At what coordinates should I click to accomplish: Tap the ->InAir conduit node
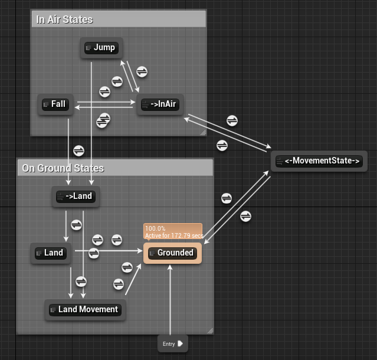[159, 104]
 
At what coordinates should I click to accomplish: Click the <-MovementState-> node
[318, 161]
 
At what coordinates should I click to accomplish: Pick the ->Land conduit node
[75, 196]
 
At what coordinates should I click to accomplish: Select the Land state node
[50, 253]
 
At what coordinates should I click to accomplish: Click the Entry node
[172, 343]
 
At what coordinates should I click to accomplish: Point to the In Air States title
[65, 19]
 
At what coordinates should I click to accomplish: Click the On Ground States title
[63, 168]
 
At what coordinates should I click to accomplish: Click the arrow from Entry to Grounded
[170, 301]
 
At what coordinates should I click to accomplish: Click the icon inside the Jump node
[88, 48]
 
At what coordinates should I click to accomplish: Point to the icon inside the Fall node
[46, 104]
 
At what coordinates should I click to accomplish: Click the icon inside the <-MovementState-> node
[280, 161]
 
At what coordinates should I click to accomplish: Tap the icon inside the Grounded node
[152, 253]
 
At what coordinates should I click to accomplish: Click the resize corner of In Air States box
[202, 133]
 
